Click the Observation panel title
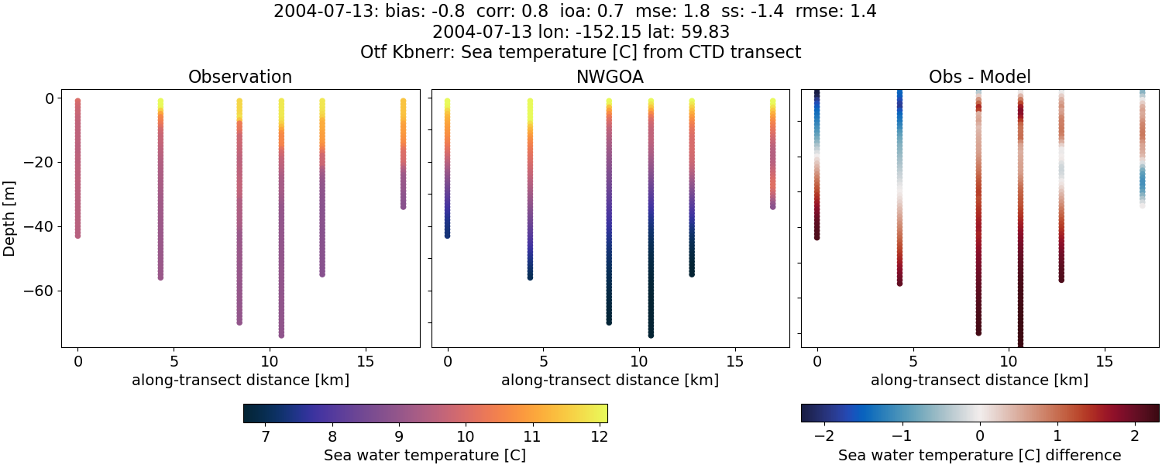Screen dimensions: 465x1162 click(240, 77)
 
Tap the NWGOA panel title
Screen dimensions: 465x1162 click(610, 77)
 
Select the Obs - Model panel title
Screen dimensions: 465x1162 click(979, 77)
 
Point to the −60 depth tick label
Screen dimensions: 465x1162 click(38, 291)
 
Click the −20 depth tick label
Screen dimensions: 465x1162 click(38, 162)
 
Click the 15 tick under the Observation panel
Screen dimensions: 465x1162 click(365, 361)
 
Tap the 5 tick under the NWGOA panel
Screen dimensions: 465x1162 click(544, 361)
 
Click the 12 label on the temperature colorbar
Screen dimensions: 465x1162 click(596, 437)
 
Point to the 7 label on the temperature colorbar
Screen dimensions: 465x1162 click(266, 437)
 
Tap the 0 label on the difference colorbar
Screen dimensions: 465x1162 click(980, 437)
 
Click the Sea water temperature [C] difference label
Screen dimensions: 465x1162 click(979, 456)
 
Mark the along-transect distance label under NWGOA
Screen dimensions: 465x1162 click(610, 381)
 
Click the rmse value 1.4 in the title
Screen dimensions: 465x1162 click(861, 12)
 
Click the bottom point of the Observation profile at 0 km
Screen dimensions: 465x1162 click(77, 235)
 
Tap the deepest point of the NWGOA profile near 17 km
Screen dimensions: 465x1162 click(772, 206)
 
